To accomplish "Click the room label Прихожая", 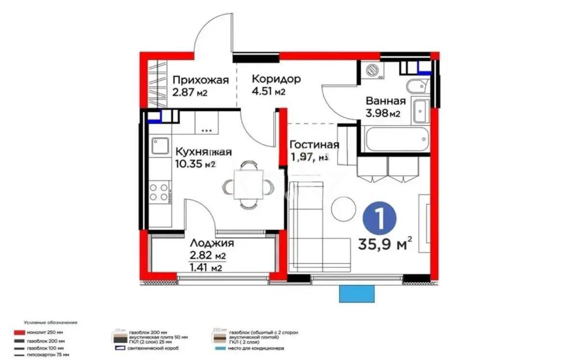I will click(200, 80).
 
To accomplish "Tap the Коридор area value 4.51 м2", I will click(269, 92).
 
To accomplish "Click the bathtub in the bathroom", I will click(397, 139).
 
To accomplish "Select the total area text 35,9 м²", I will click(385, 244).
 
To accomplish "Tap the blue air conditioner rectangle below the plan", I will click(357, 293).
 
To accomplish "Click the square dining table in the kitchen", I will click(248, 185).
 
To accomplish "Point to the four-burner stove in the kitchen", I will click(159, 192).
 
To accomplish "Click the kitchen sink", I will click(159, 146).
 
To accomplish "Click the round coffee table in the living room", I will click(344, 209).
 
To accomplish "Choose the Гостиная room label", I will click(314, 144).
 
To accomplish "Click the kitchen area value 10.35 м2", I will click(195, 164).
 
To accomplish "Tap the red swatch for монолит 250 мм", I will click(19, 332).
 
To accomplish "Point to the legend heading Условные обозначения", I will click(50, 322).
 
